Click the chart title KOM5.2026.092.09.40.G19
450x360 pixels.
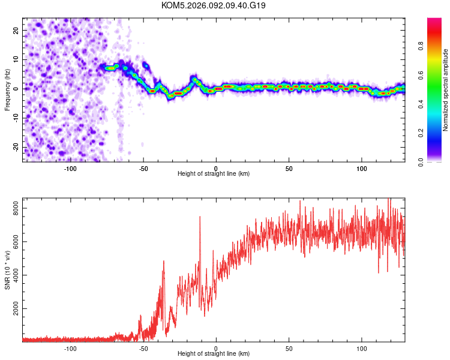[x=214, y=5]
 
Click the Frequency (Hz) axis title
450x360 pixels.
[x=8, y=89]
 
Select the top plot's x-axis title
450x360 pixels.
[x=214, y=173]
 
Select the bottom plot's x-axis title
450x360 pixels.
[x=214, y=353]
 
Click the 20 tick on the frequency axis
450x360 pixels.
[x=16, y=31]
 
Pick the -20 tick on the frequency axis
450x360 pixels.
[x=14, y=147]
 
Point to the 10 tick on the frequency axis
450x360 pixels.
[x=16, y=59]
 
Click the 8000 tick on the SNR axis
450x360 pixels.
[x=13, y=208]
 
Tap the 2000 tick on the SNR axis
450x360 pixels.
[x=13, y=309]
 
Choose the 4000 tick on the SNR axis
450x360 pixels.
[x=13, y=275]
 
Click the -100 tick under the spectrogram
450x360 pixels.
[x=71, y=167]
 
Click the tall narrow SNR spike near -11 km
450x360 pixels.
[x=200, y=217]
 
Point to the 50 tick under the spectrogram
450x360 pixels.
[x=289, y=167]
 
